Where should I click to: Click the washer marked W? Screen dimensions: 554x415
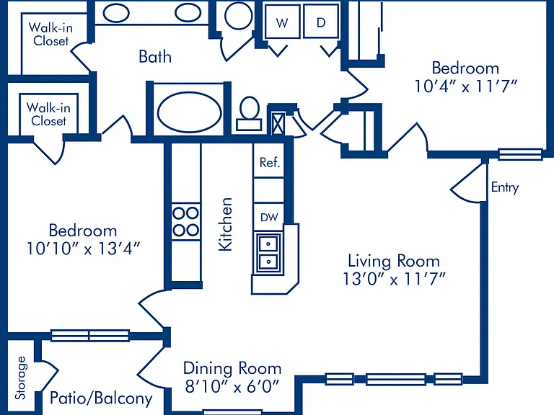pyautogui.click(x=282, y=22)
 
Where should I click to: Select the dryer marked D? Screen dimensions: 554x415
pyautogui.click(x=321, y=22)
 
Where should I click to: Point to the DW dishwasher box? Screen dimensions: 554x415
pyautogui.click(x=269, y=217)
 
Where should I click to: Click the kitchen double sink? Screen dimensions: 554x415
pyautogui.click(x=268, y=253)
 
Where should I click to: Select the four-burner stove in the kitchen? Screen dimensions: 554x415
pyautogui.click(x=186, y=222)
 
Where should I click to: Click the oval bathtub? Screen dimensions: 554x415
pyautogui.click(x=189, y=112)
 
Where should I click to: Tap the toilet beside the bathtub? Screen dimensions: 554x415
pyautogui.click(x=250, y=114)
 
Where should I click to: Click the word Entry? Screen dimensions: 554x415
pyautogui.click(x=505, y=187)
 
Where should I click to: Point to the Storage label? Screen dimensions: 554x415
pyautogui.click(x=20, y=378)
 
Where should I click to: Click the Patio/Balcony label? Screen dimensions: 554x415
pyautogui.click(x=101, y=398)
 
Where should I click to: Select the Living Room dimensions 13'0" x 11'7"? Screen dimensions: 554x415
pyautogui.click(x=394, y=279)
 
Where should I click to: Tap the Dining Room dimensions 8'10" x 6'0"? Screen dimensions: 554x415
pyautogui.click(x=232, y=386)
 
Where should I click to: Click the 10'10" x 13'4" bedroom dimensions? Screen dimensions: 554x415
pyautogui.click(x=84, y=249)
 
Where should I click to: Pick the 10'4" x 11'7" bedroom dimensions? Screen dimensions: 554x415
pyautogui.click(x=466, y=86)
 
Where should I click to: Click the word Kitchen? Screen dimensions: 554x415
pyautogui.click(x=225, y=224)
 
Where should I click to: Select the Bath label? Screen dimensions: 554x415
pyautogui.click(x=155, y=56)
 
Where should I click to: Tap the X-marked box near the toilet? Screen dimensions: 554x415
pyautogui.click(x=278, y=123)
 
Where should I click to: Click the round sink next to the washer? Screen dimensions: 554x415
pyautogui.click(x=239, y=15)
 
